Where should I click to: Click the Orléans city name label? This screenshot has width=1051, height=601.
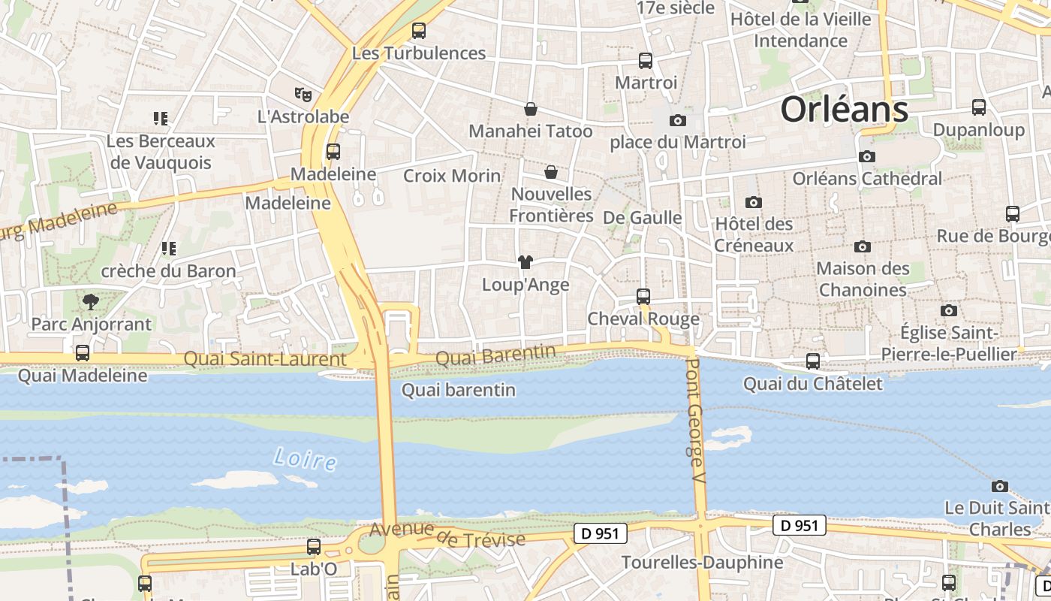844,110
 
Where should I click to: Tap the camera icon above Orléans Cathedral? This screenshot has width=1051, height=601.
867,156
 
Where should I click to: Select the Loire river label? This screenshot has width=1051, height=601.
305,458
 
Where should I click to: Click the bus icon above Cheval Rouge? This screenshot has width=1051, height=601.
643,296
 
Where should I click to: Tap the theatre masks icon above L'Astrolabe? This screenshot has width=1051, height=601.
303,95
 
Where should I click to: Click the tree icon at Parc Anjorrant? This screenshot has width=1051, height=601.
91,302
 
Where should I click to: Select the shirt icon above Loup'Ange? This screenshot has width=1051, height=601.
525,261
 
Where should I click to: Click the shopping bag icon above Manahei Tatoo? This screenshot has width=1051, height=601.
531,109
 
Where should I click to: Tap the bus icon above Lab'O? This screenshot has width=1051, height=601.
314,547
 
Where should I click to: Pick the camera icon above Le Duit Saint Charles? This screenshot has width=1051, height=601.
999,486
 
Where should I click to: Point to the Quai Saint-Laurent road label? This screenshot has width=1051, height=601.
265,359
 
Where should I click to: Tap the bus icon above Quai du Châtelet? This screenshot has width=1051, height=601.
812,361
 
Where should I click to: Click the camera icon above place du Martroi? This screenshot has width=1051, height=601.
677,120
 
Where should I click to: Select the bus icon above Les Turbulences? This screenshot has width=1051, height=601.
419,31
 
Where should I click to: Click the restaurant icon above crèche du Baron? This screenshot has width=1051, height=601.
169,248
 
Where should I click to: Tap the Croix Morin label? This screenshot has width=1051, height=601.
452,176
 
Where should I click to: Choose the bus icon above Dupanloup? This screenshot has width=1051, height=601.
978,107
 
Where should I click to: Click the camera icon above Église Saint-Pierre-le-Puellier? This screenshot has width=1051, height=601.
949,310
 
